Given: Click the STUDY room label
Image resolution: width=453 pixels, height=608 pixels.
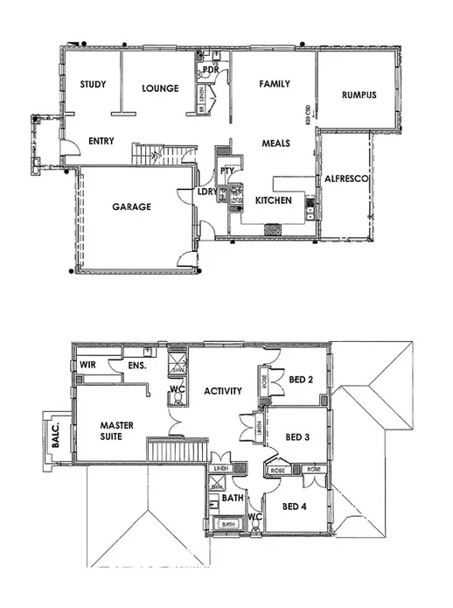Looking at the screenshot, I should [x=93, y=85].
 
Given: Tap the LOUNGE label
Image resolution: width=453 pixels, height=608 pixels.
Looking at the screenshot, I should [x=160, y=88].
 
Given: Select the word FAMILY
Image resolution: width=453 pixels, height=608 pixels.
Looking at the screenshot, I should [x=273, y=85].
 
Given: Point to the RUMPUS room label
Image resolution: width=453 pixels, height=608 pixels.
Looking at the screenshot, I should [x=359, y=95].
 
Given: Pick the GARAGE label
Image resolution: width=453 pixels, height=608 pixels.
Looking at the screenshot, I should [x=131, y=207].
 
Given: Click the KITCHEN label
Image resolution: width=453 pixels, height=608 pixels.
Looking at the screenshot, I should [x=273, y=200].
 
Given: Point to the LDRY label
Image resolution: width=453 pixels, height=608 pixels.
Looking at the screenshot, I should [x=206, y=192].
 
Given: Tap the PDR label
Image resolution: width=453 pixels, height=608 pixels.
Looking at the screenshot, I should [x=210, y=68].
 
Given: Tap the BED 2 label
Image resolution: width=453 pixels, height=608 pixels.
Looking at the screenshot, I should [x=301, y=380].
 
